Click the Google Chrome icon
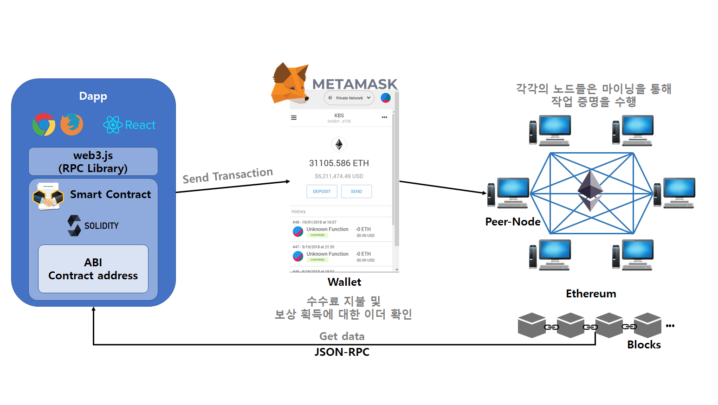pyautogui.click(x=44, y=124)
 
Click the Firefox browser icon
pyautogui.click(x=71, y=124)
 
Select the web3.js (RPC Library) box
pyautogui.click(x=93, y=161)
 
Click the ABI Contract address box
pyautogui.click(x=93, y=269)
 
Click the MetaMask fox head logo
pyautogui.click(x=290, y=84)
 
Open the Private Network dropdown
pyautogui.click(x=349, y=98)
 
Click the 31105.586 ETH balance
pyautogui.click(x=339, y=163)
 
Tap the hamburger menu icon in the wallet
pyautogui.click(x=294, y=118)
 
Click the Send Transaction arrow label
pyautogui.click(x=227, y=176)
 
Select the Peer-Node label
pyautogui.click(x=513, y=222)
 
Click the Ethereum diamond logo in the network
pyautogui.click(x=590, y=191)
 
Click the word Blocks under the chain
pyautogui.click(x=644, y=345)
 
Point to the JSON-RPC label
pyautogui.click(x=342, y=352)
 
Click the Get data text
pyautogui.click(x=342, y=336)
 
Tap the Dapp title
pyautogui.click(x=93, y=96)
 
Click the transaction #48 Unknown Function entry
pyautogui.click(x=327, y=230)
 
